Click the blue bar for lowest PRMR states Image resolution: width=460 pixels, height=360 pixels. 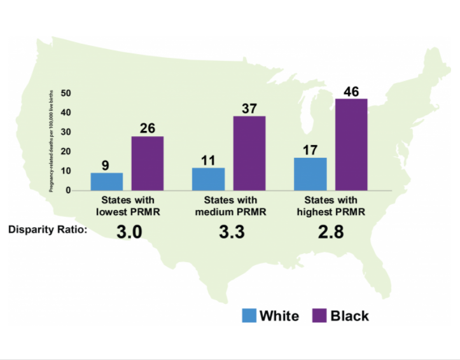click(x=107, y=181)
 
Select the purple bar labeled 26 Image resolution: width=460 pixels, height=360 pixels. click(x=148, y=163)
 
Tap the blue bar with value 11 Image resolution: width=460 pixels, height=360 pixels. click(x=208, y=179)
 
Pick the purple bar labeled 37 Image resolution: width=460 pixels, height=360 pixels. click(x=249, y=153)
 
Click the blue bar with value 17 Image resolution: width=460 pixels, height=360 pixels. click(x=310, y=174)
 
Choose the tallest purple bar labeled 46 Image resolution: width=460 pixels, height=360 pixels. click(x=351, y=144)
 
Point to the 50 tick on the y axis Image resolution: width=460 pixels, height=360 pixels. click(x=66, y=93)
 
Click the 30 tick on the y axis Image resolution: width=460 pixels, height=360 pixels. click(x=66, y=132)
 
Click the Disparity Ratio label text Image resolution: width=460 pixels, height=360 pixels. click(x=48, y=230)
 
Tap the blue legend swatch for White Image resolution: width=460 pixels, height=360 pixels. click(x=249, y=315)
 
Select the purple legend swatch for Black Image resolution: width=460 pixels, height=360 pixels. click(x=319, y=315)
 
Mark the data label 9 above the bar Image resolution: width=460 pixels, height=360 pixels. click(x=106, y=165)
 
